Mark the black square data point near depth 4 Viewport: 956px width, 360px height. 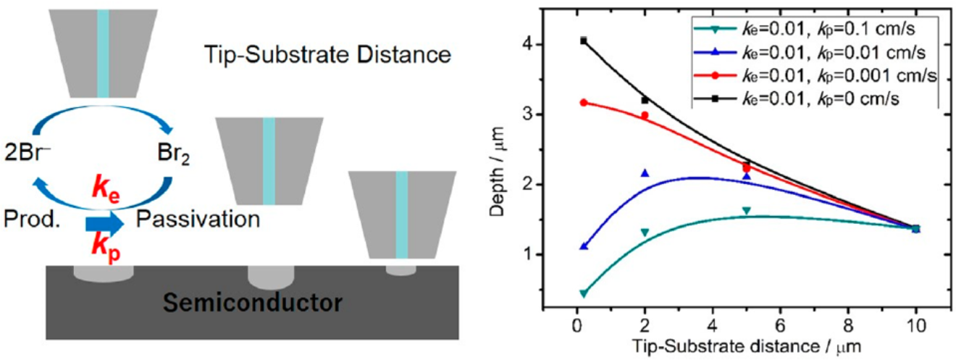[x=584, y=41]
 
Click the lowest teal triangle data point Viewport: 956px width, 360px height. [x=584, y=293]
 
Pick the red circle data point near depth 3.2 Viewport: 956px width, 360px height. [x=584, y=103]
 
